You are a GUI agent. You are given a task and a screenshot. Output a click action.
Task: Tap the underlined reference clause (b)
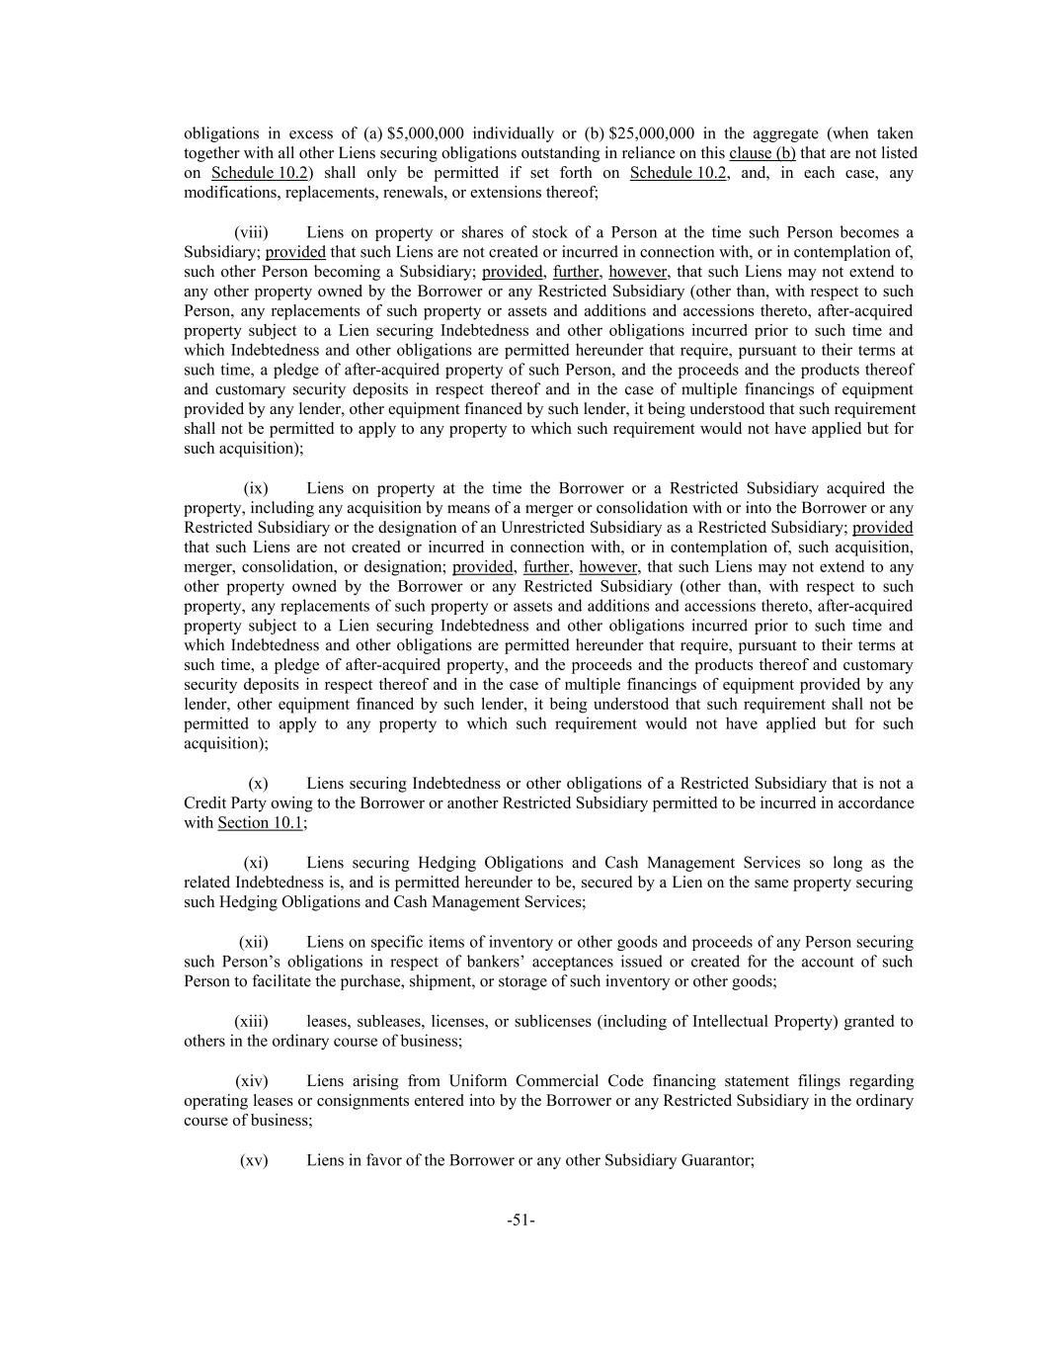[x=762, y=153]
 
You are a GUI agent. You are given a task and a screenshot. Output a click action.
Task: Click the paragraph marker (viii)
[x=251, y=232]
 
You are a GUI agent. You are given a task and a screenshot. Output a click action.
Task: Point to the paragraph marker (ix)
[x=256, y=488]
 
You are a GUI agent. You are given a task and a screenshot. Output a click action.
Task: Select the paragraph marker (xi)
[x=256, y=863]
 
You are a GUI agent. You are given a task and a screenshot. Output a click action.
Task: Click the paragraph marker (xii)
[x=254, y=942]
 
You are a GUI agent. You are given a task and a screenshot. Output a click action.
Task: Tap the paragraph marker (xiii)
[x=251, y=1021]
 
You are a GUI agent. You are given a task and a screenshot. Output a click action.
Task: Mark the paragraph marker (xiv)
[x=252, y=1081]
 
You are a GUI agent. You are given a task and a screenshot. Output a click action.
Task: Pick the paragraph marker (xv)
[x=254, y=1160]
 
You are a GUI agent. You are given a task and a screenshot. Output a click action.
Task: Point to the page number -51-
[x=521, y=1221]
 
